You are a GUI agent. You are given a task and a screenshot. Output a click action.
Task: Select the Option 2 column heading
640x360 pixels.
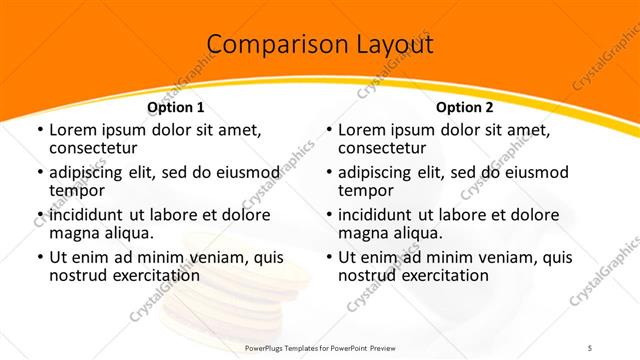pyautogui.click(x=464, y=107)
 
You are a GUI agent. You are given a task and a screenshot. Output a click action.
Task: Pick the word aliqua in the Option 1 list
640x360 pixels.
pyautogui.click(x=127, y=233)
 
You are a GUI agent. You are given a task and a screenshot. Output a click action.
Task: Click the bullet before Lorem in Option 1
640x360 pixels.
pyautogui.click(x=39, y=131)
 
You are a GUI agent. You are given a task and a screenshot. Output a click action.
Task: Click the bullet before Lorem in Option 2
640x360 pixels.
pyautogui.click(x=328, y=131)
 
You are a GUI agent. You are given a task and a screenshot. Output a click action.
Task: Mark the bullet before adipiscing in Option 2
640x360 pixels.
pyautogui.click(x=328, y=173)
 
